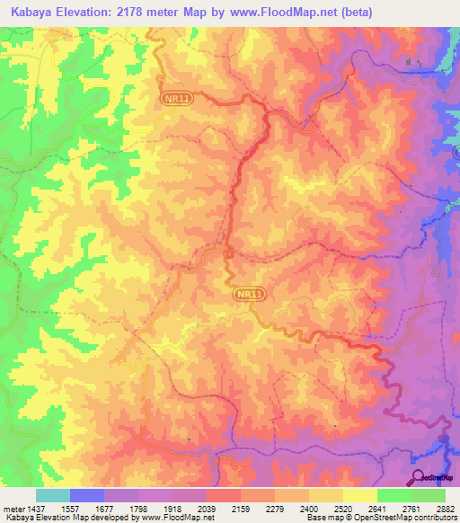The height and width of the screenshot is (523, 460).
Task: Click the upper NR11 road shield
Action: point(177,100)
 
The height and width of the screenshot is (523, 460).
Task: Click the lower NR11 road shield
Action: point(252,294)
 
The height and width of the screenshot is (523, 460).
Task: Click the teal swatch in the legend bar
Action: point(53,495)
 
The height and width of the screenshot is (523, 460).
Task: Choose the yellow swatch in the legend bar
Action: point(325,495)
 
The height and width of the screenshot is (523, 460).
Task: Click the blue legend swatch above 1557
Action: point(87,495)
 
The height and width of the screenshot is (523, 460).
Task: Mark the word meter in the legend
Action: point(15,508)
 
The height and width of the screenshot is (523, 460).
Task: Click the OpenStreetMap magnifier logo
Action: point(419,477)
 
